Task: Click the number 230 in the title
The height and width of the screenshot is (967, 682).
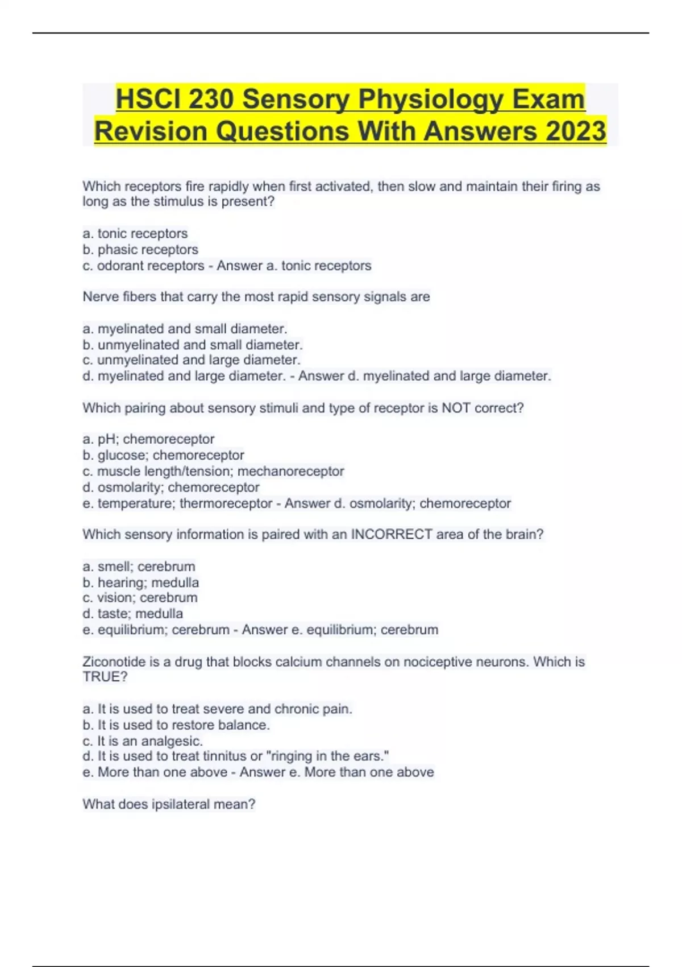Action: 210,100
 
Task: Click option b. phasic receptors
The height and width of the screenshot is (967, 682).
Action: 140,250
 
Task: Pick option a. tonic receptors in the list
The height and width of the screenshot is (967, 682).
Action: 135,234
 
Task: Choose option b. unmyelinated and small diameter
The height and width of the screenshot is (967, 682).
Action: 193,345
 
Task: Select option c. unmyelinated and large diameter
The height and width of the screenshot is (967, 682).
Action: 192,360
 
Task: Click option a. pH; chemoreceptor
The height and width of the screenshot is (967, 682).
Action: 148,439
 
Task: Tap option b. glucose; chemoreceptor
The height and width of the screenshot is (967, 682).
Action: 163,455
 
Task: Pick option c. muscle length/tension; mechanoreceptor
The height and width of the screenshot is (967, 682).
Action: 213,471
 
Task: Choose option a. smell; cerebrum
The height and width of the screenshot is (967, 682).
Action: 139,567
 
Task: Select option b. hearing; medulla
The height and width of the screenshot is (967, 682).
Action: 141,582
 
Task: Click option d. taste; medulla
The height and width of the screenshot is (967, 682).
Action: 133,614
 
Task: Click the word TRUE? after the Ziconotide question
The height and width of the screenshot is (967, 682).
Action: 105,677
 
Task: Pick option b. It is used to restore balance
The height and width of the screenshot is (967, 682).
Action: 176,725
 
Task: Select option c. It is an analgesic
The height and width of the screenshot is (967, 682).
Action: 143,741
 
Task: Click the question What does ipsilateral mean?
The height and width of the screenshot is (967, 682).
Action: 169,804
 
